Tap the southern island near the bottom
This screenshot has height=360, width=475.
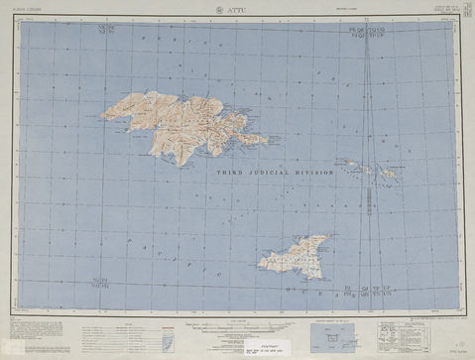292,256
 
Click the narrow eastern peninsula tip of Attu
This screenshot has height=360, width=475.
260,140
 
